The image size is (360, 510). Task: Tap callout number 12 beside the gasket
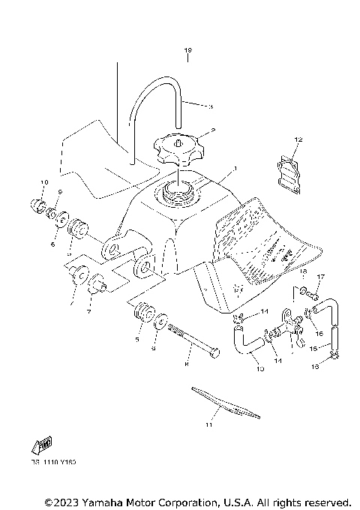coord(277,139)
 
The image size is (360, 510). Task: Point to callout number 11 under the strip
coord(209,425)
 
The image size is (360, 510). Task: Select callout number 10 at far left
coord(44,182)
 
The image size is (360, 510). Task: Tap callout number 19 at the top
coord(188,51)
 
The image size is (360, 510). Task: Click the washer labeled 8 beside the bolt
coord(160,323)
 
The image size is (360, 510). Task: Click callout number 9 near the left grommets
coord(59,193)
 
